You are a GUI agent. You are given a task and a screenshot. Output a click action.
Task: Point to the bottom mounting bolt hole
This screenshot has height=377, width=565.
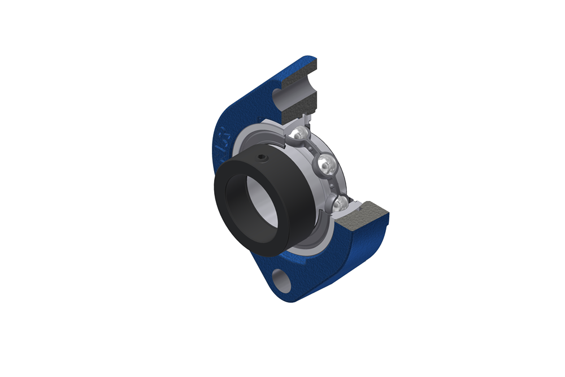(283, 281)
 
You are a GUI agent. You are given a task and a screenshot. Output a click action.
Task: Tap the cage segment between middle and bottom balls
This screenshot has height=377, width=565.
(336, 184)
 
